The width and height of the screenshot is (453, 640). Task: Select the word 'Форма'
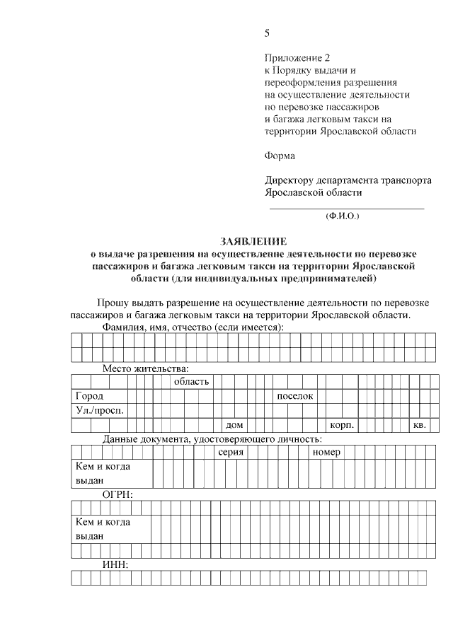280,156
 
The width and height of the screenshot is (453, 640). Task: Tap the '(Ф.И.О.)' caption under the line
343,215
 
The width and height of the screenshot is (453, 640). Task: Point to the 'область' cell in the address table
192,382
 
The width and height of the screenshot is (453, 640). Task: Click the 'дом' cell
234,425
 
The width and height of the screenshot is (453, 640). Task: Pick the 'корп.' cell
342,425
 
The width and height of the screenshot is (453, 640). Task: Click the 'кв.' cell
419,425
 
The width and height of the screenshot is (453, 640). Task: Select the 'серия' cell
231,453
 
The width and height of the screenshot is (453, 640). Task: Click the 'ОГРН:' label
117,494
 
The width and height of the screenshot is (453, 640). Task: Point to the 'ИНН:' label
115,564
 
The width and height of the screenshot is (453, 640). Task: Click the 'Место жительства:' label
146,368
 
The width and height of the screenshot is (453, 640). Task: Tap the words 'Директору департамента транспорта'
348,180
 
